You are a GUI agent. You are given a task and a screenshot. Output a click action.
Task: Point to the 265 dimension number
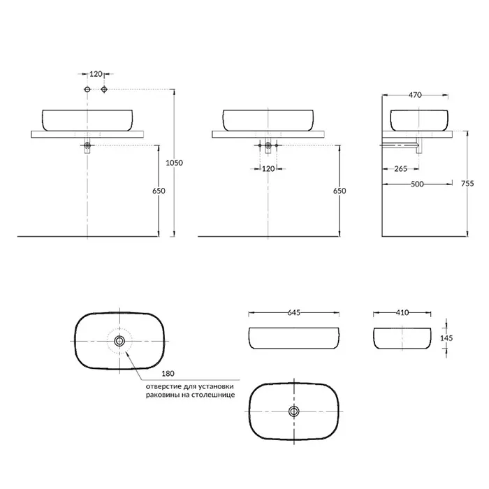[401, 168]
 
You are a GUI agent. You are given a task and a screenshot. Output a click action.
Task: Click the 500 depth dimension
[416, 184]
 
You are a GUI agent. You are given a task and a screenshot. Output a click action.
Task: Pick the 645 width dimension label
[294, 314]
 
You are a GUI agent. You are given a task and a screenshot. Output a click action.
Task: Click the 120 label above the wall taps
[96, 74]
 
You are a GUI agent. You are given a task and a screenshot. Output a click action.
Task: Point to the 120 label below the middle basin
[268, 169]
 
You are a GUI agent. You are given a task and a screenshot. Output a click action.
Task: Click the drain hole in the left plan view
[119, 341]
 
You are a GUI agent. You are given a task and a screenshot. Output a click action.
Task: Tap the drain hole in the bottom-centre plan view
[294, 412]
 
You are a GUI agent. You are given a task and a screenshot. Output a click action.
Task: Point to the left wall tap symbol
[87, 89]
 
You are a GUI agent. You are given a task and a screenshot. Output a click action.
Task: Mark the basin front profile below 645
[294, 338]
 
